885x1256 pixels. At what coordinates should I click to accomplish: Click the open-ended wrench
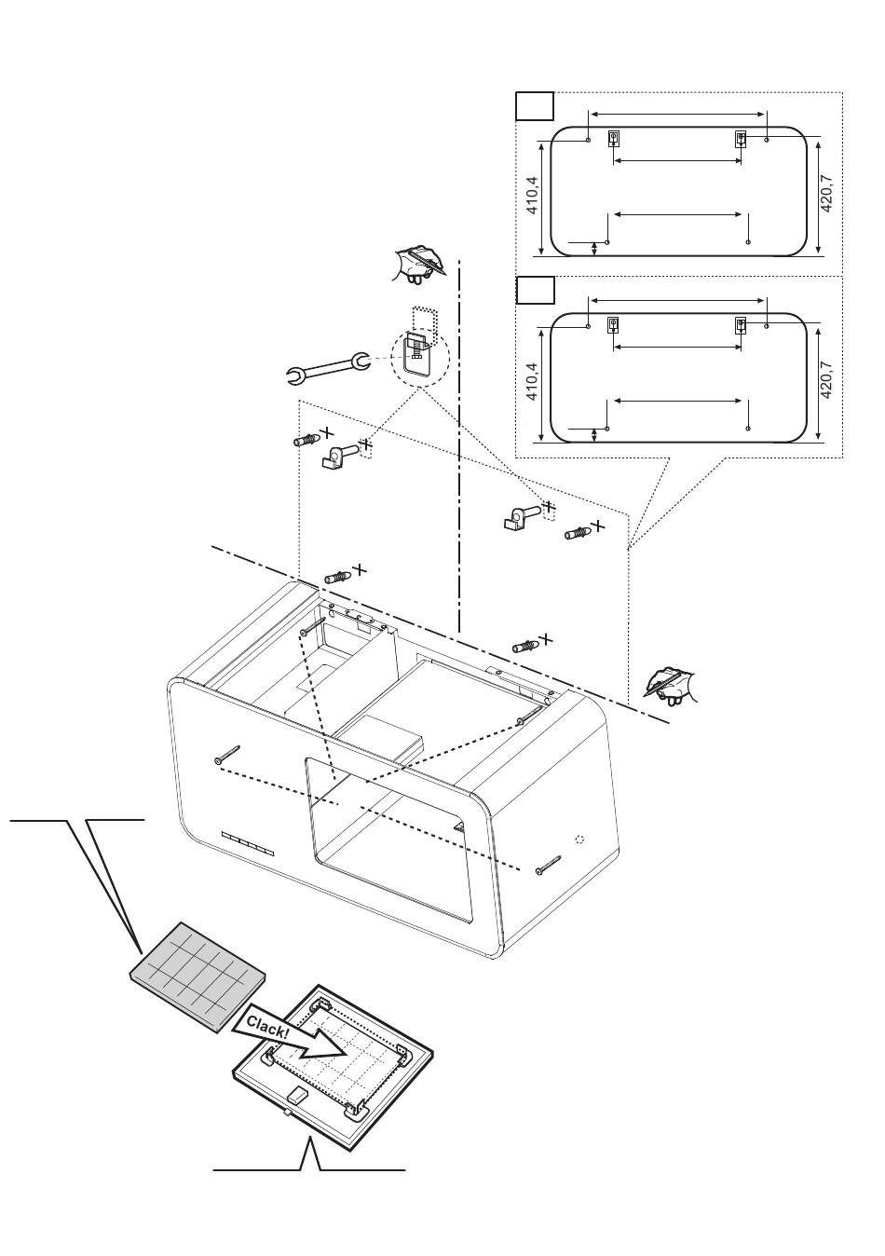(x=327, y=368)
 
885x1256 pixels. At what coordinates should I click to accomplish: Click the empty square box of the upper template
(x=535, y=106)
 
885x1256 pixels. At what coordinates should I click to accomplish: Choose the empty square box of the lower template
(x=535, y=291)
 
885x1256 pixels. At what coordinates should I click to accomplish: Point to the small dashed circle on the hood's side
(x=580, y=839)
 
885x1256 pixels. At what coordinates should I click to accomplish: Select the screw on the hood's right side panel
(x=549, y=865)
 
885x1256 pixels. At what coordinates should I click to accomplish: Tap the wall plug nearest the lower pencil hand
(x=526, y=646)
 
